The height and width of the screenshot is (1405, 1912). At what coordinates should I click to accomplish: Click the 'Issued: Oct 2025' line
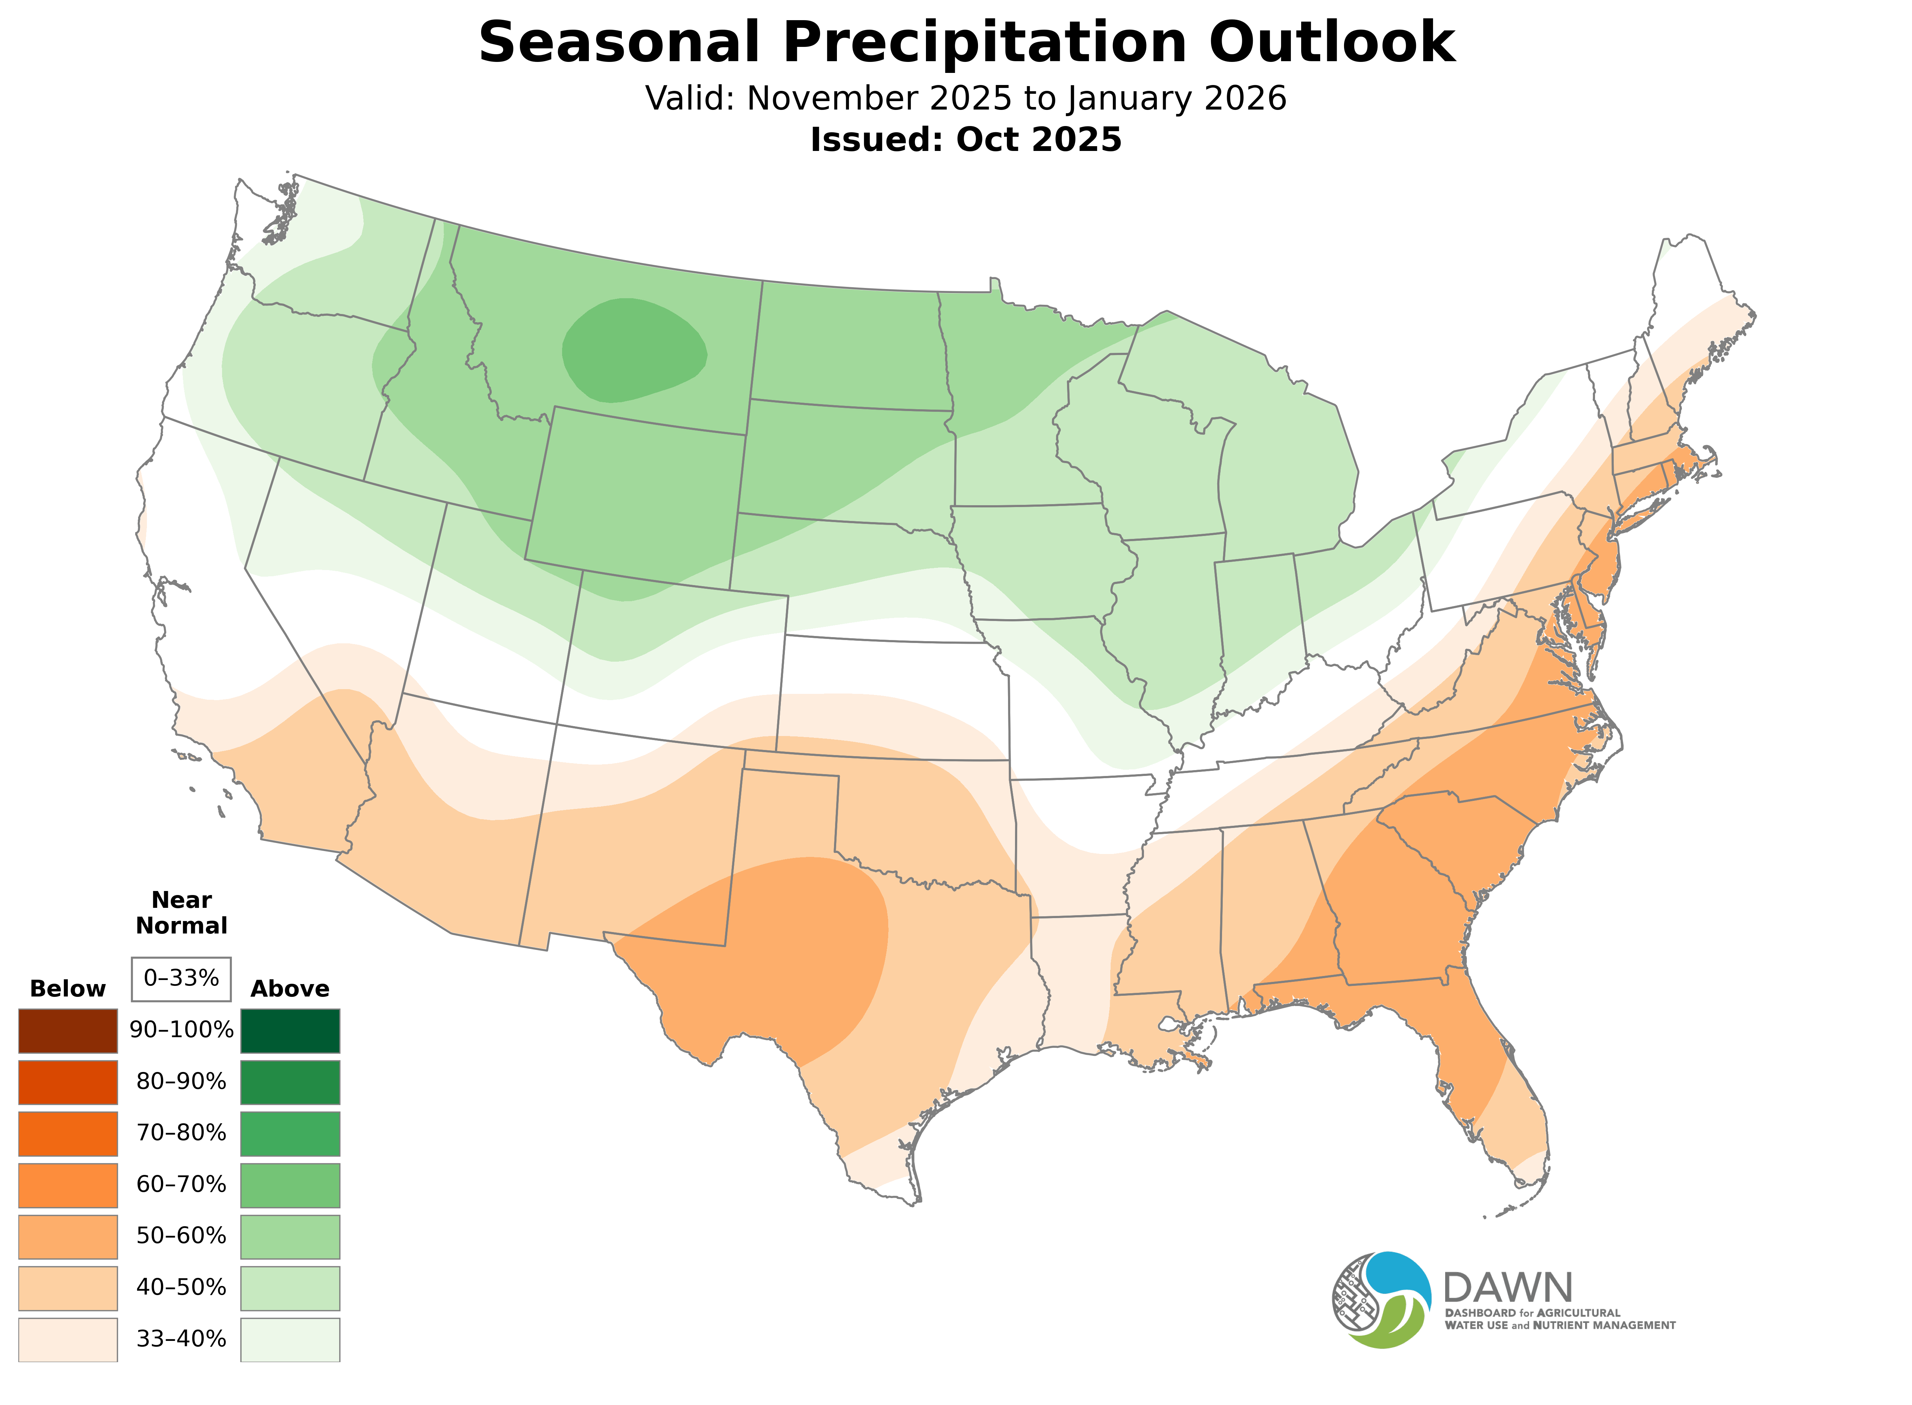pos(966,140)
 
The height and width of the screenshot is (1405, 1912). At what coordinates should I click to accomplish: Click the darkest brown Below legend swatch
pos(68,1031)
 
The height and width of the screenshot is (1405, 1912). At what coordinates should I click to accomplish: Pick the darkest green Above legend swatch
pos(290,1031)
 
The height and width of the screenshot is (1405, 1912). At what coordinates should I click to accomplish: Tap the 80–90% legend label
pos(181,1082)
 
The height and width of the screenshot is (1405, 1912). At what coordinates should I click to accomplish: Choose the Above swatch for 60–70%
pos(290,1185)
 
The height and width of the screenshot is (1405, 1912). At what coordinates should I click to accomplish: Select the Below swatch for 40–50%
pos(68,1288)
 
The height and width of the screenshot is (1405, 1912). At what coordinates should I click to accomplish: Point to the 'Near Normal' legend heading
pos(181,913)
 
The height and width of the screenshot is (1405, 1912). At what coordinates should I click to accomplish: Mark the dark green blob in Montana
pos(634,349)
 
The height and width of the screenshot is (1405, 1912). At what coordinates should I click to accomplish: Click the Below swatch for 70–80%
pos(68,1134)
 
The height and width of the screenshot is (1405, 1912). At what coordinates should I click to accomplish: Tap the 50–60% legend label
pos(181,1236)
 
